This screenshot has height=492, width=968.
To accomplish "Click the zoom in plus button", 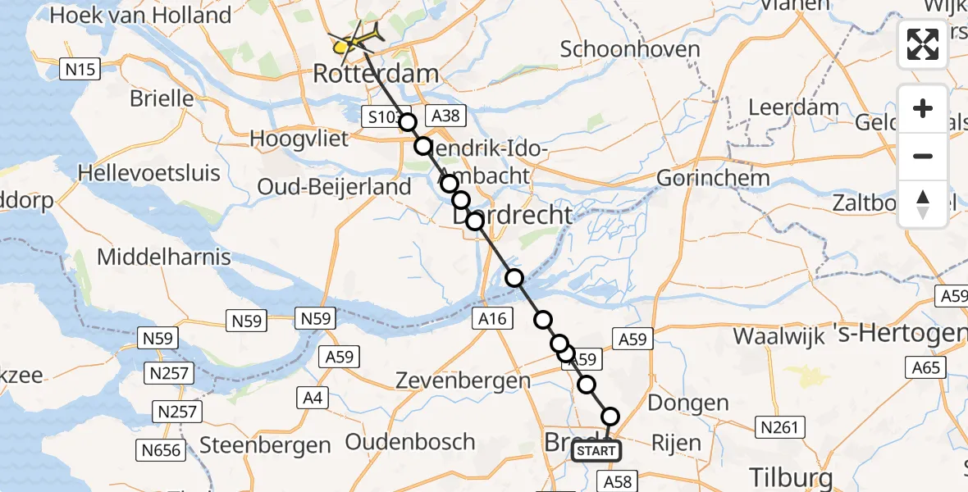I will click(923, 109).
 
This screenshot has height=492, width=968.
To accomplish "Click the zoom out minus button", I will click(923, 156).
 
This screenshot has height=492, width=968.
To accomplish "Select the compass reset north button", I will click(923, 203).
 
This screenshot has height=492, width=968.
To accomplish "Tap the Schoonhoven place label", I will click(630, 49).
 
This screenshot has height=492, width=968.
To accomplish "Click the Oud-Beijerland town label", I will click(334, 187).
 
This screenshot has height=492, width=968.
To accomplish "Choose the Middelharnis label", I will click(164, 257).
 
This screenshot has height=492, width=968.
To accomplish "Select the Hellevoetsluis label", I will click(149, 173).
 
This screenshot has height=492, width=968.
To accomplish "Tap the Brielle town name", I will click(162, 99).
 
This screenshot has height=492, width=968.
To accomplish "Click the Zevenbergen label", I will click(463, 380).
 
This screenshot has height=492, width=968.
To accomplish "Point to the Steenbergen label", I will click(265, 446).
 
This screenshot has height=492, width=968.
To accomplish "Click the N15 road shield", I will click(81, 70).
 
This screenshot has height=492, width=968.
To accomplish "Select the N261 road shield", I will click(779, 426).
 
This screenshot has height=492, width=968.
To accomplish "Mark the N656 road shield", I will click(160, 448).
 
